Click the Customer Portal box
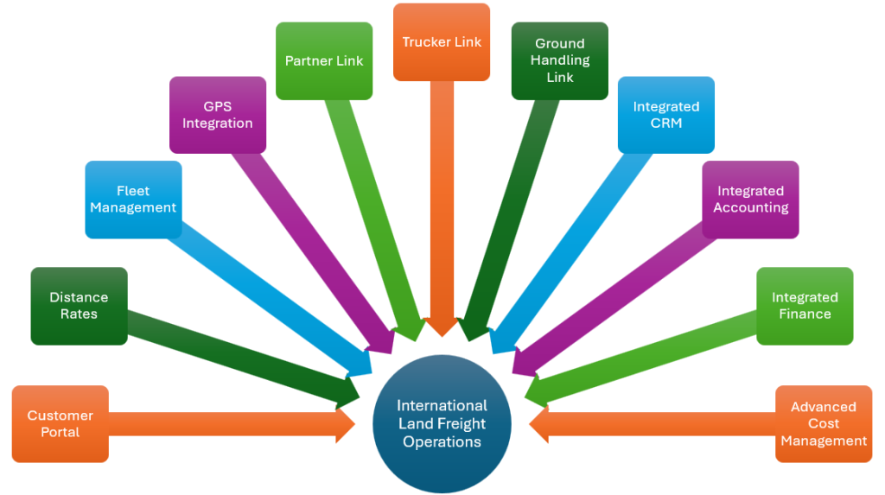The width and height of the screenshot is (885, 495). coord(60,423)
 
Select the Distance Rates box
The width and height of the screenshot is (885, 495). coord(79,306)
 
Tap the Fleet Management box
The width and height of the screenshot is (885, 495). coord(133,200)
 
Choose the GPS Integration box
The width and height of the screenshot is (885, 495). coord(217,115)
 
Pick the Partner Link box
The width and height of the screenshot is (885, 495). coord(324,60)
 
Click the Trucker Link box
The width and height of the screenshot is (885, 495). coord(442,41)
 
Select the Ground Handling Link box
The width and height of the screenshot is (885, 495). coord(560,60)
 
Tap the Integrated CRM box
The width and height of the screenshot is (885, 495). coord(665,115)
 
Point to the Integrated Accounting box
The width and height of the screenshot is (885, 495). coord(750,200)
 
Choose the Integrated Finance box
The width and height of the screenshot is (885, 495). coord(805,306)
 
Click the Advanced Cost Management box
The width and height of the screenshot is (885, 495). coord(824,423)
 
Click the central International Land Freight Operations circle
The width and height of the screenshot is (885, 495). coord(442,423)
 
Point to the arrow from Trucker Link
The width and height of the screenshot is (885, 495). coord(442,207)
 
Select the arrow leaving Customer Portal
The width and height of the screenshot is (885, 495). coord(225,424)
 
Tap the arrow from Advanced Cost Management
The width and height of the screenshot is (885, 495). coord(657,424)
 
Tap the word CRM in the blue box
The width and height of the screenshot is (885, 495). coord(665,124)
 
